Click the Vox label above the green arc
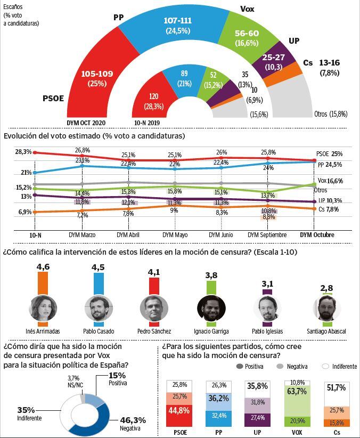(247, 9)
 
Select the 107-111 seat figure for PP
(177, 21)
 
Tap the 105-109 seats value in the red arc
(97, 74)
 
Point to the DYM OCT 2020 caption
(87, 123)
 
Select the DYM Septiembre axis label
(267, 235)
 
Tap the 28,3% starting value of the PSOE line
(23, 152)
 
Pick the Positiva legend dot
(238, 367)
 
